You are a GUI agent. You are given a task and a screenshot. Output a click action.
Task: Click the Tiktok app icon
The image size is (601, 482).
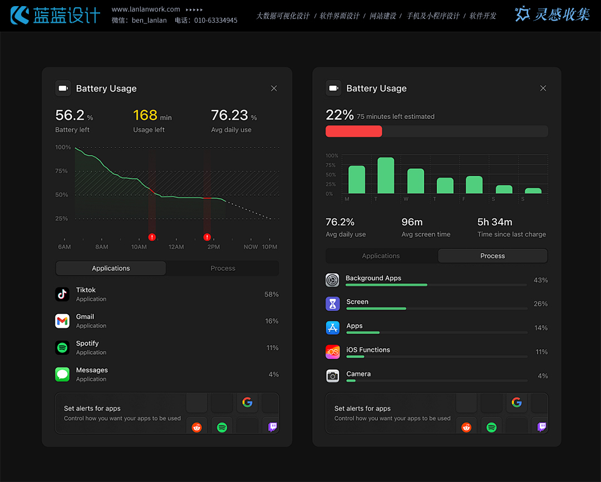coord(62,294)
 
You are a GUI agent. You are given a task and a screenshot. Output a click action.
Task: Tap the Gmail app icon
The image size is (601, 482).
coord(62,321)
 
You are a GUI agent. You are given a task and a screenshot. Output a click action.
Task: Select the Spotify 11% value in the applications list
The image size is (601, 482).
coord(272,348)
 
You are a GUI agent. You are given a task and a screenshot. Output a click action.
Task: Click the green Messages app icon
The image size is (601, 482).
coord(62,374)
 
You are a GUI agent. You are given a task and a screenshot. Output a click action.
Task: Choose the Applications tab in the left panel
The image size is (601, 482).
coord(111,269)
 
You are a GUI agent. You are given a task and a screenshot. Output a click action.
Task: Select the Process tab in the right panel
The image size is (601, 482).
coord(492,256)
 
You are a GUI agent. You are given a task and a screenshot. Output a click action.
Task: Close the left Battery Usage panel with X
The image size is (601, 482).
coord(274,88)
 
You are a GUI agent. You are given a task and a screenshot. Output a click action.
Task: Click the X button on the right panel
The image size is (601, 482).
coord(543,88)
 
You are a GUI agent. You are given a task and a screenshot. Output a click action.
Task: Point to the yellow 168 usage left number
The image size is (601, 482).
coord(145,115)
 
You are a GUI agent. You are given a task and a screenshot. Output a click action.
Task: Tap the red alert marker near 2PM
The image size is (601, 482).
coord(207,237)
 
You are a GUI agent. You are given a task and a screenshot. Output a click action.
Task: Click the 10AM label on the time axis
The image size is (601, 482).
coord(139,247)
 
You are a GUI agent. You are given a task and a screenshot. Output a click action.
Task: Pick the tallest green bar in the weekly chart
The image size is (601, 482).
coord(386,175)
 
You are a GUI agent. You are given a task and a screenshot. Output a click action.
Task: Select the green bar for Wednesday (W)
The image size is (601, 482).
coord(416,181)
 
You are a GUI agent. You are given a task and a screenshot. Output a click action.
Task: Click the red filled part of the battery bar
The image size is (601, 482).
coord(353,131)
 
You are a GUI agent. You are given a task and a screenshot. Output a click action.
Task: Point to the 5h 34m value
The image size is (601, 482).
coord(495,222)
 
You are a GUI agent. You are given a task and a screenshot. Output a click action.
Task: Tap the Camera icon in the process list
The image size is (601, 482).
coord(333,376)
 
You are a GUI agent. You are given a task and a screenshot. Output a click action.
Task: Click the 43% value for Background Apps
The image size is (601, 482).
coord(540,280)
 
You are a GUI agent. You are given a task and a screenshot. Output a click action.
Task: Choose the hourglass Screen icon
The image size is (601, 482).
coord(333,304)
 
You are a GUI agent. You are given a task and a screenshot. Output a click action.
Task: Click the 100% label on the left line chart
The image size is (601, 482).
coord(63,147)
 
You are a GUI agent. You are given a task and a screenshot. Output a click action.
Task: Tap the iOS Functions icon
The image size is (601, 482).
coord(333,352)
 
